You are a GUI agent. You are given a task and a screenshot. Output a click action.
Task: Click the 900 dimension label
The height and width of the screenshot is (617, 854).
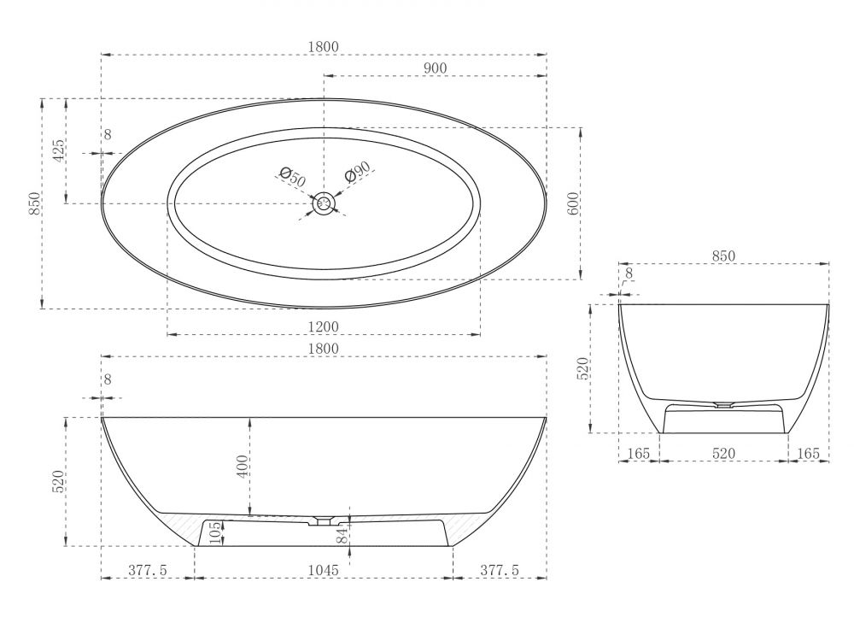pyautogui.click(x=435, y=68)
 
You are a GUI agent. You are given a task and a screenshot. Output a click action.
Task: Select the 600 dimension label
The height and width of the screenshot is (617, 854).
pyautogui.click(x=573, y=203)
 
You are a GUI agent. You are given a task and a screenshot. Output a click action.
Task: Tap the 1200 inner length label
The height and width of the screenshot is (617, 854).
pyautogui.click(x=324, y=326)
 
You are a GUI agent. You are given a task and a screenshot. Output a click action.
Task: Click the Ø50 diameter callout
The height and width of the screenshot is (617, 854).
pyautogui.click(x=292, y=177)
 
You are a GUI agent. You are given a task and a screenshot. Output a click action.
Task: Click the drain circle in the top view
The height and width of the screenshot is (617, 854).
pyautogui.click(x=324, y=203)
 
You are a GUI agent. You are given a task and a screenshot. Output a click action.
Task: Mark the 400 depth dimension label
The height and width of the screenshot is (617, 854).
pyautogui.click(x=243, y=466)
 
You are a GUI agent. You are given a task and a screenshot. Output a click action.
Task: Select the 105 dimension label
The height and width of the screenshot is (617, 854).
pyautogui.click(x=215, y=533)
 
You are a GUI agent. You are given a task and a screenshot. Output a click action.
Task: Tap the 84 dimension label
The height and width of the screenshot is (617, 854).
pyautogui.click(x=342, y=535)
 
